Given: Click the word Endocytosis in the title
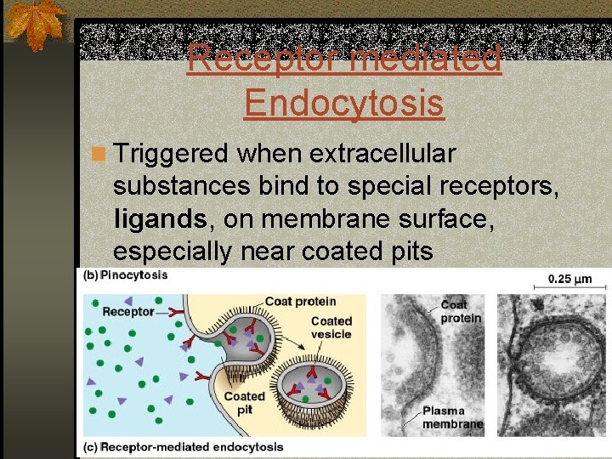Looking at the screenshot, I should (343, 103).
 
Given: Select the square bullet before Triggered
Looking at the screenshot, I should (99, 155).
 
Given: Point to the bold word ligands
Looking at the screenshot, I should (160, 219).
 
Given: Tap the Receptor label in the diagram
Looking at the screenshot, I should (127, 311).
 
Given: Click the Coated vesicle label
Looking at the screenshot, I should (331, 327).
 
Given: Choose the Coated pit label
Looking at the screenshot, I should (244, 402).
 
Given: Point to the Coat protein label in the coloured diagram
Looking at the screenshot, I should (300, 301).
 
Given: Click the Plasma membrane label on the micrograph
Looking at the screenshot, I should (452, 417).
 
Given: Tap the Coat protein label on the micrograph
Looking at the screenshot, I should (460, 311).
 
